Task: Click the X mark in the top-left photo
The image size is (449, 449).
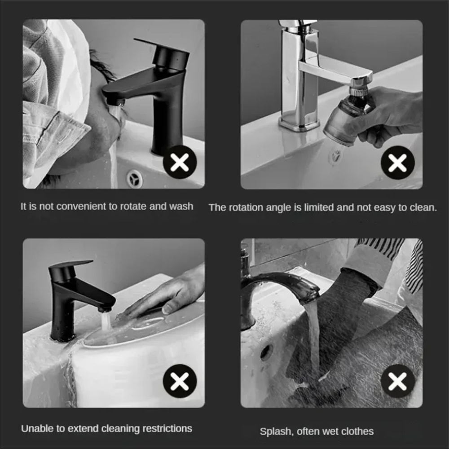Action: click(x=180, y=162)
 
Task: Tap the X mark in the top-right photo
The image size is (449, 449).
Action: click(x=397, y=162)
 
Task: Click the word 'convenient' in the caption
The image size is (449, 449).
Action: click(x=81, y=207)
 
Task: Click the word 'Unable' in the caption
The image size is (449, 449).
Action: click(x=35, y=428)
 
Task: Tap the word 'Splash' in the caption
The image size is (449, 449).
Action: click(x=274, y=431)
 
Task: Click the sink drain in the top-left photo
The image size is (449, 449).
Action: click(x=134, y=179)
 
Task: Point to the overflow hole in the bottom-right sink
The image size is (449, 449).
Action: click(x=266, y=352)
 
